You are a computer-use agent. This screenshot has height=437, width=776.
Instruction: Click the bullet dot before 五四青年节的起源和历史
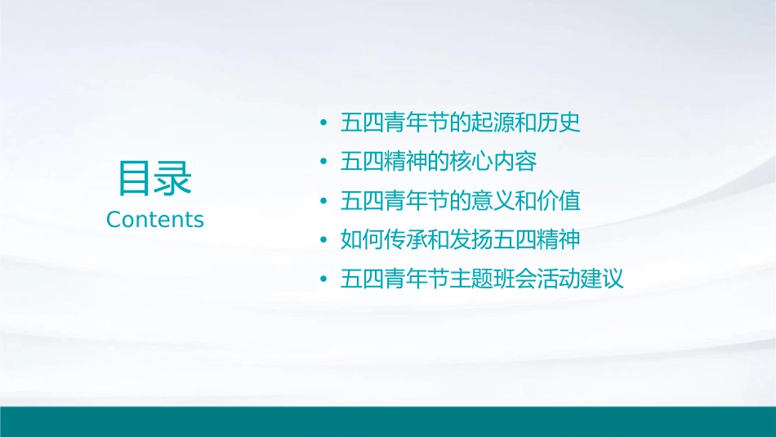click(323, 123)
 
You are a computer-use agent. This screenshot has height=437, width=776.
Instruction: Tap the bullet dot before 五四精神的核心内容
click(323, 162)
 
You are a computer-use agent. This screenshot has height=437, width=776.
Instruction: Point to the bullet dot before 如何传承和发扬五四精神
click(323, 240)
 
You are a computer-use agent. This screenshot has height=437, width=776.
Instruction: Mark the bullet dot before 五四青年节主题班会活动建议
click(323, 279)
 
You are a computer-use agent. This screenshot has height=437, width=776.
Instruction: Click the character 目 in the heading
click(136, 179)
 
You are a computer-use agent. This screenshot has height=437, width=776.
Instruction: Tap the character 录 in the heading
click(173, 179)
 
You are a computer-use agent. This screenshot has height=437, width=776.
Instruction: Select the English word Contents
click(155, 220)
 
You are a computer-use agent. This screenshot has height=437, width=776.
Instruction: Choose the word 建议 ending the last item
click(604, 279)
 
